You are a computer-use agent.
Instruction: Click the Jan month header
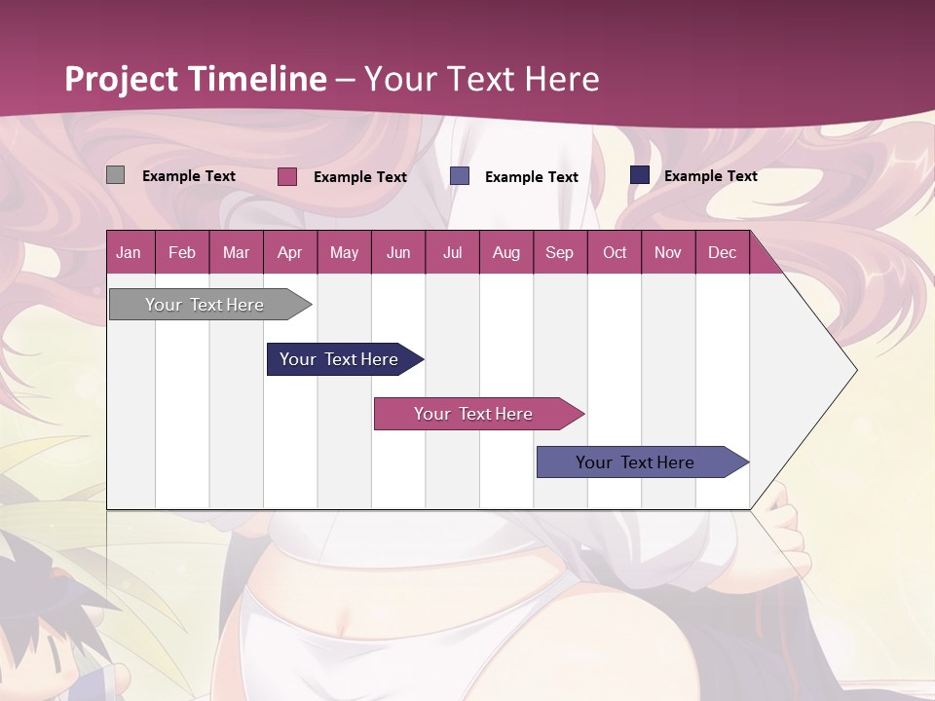tap(130, 252)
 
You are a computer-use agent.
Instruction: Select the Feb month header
tap(182, 252)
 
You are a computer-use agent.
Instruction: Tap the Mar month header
tap(236, 252)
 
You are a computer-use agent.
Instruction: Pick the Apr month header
tap(290, 252)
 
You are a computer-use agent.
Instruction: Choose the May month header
tap(344, 252)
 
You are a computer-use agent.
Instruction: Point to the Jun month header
tap(398, 252)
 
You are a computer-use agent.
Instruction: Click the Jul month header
tap(452, 252)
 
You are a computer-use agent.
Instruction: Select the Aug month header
tap(506, 252)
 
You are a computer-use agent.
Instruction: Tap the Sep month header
tap(560, 252)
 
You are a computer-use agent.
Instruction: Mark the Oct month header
tap(615, 252)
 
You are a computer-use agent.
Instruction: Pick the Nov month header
tap(668, 252)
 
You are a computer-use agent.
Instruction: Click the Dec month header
tap(723, 252)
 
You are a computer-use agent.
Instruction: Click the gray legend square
tap(116, 175)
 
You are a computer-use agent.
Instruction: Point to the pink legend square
tap(287, 176)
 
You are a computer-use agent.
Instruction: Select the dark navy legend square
tap(640, 175)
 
